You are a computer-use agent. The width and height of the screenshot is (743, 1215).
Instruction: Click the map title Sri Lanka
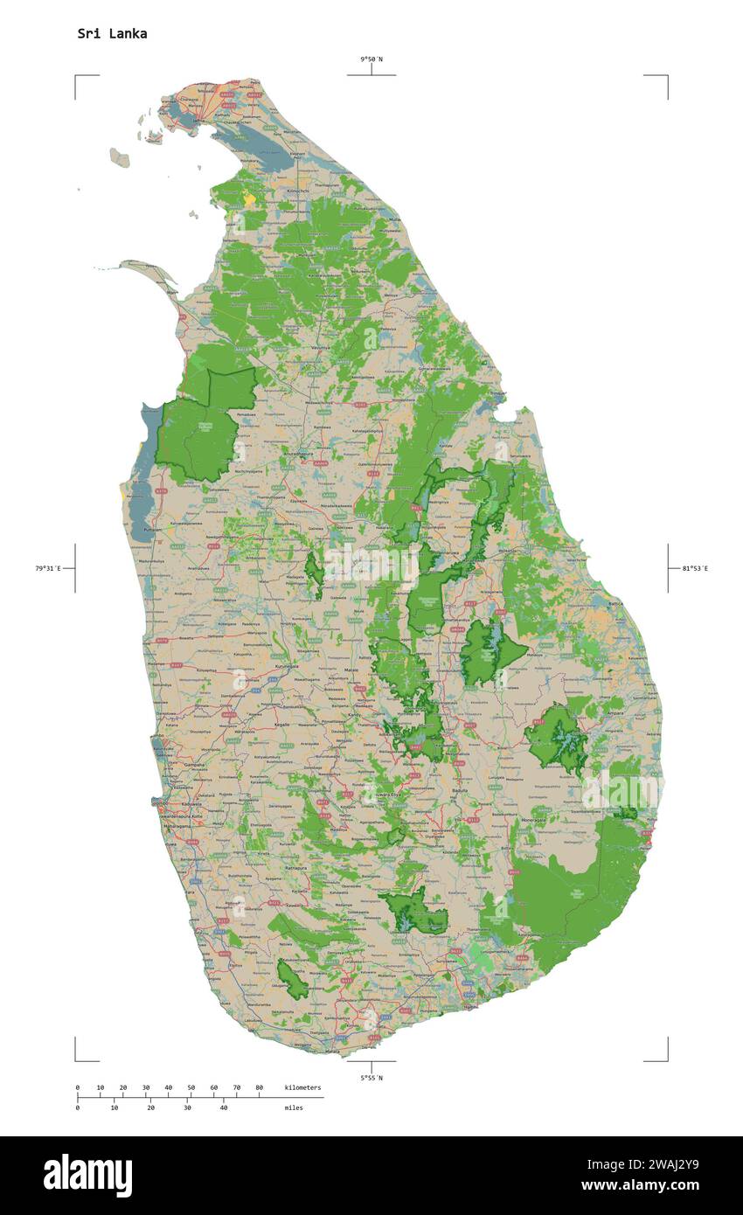(x=112, y=34)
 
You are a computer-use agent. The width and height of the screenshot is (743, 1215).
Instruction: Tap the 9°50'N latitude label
(x=371, y=59)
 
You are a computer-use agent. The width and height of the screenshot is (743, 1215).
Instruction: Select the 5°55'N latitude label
(x=371, y=1078)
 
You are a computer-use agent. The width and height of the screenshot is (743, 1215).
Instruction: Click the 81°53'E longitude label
(x=695, y=568)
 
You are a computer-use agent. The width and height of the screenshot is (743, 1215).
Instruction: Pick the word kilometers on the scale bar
(x=302, y=1087)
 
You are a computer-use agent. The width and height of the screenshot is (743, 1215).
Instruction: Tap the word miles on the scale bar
(x=294, y=1107)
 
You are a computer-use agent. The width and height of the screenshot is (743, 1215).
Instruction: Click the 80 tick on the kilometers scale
(x=259, y=1087)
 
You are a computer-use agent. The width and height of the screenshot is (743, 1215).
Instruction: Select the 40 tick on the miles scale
(x=224, y=1107)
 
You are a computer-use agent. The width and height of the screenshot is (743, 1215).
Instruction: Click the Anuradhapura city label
(x=297, y=455)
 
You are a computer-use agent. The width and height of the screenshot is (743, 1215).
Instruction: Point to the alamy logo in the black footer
(x=87, y=1176)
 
